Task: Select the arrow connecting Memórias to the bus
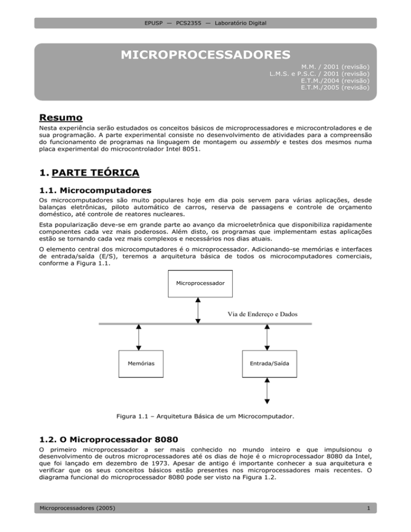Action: (139, 337)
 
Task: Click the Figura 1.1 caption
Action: (205, 414)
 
